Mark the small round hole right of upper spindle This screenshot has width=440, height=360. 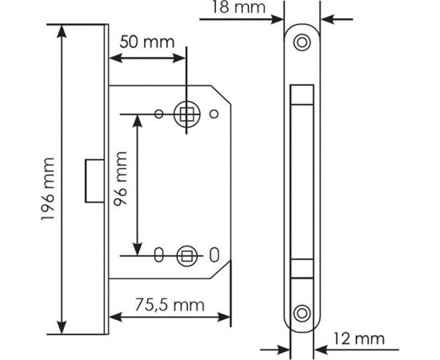click(x=213, y=114)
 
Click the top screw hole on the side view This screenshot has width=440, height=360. click(x=302, y=41)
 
